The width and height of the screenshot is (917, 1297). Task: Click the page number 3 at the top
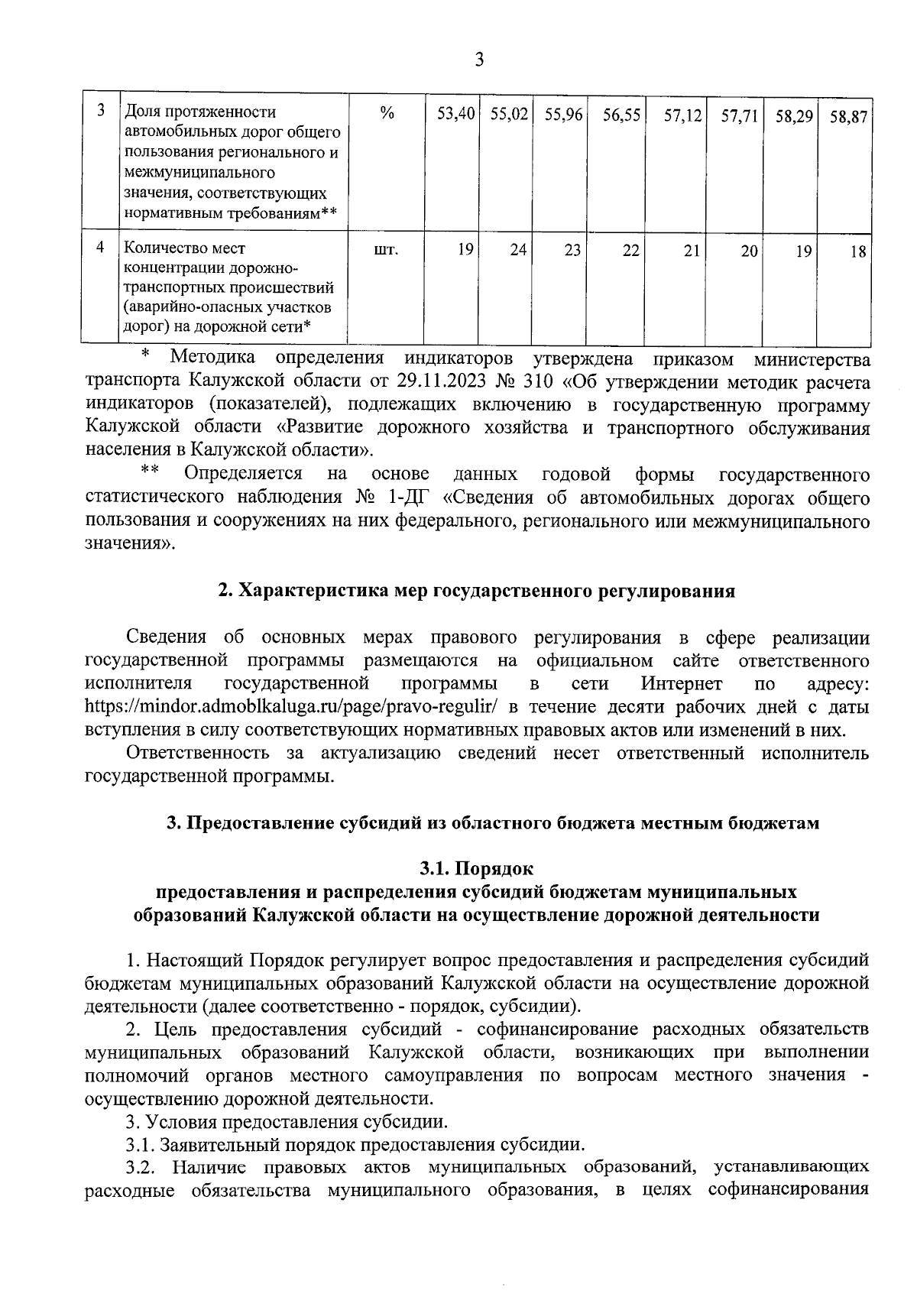[x=479, y=59]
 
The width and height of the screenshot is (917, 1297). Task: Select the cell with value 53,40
[x=456, y=115]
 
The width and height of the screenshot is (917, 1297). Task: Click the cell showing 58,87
[x=847, y=117]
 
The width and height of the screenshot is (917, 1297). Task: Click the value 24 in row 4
[x=519, y=249]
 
